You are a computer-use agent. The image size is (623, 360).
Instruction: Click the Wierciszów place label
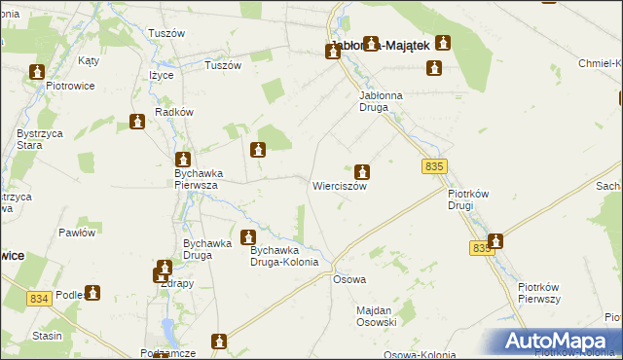click(339, 186)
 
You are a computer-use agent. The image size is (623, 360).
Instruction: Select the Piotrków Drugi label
click(473, 199)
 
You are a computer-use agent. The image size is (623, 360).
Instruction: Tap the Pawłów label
click(76, 233)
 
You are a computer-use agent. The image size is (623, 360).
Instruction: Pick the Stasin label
click(47, 336)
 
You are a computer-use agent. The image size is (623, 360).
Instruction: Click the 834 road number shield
click(39, 298)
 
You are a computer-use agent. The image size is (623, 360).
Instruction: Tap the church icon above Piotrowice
click(38, 72)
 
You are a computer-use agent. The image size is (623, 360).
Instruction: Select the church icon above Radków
click(137, 122)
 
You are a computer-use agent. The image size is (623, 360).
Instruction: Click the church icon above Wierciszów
click(362, 171)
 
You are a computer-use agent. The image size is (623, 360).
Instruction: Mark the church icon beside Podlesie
click(92, 292)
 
